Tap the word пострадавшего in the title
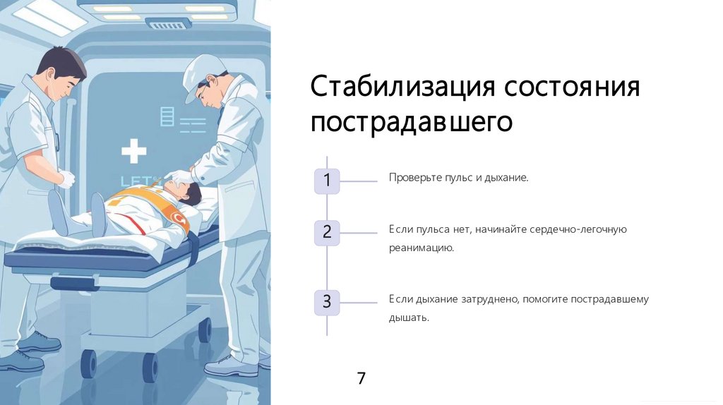(411, 121)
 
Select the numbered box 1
(327, 181)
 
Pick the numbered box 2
(327, 232)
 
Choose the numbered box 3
(327, 302)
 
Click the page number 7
(361, 378)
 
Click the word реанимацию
(421, 248)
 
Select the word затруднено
(489, 299)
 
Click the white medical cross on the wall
(133, 151)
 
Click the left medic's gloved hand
(66, 179)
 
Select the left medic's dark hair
(62, 62)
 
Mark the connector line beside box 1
(359, 181)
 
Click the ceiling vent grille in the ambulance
(167, 25)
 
